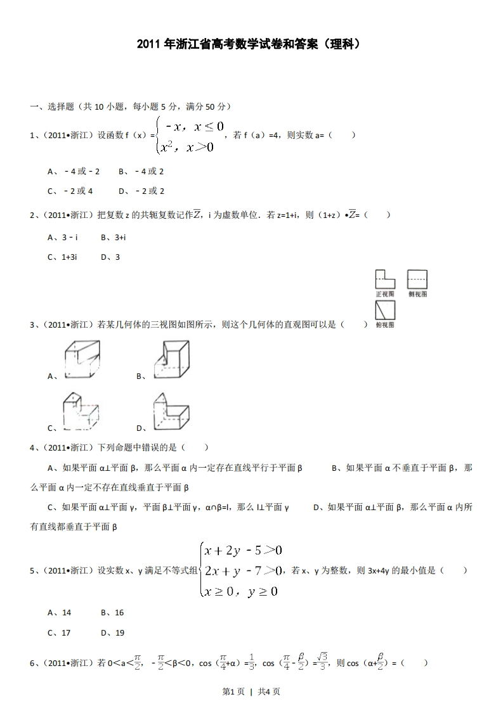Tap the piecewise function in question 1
[x=190, y=136]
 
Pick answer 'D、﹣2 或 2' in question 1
[x=141, y=191]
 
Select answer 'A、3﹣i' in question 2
[x=63, y=237]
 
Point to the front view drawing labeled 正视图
[x=385, y=279]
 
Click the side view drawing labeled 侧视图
[x=417, y=279]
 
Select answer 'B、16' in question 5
[x=112, y=613]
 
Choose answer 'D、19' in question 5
[x=112, y=632]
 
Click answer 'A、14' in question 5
[x=60, y=613]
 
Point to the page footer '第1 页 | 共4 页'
[x=251, y=691]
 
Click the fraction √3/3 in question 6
[x=322, y=662]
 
